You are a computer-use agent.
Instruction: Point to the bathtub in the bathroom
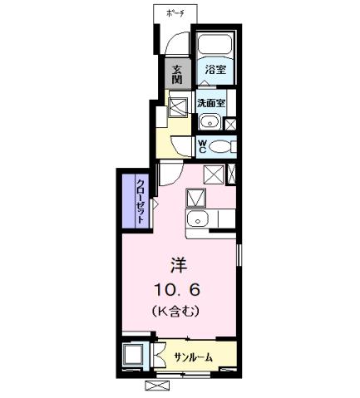215,45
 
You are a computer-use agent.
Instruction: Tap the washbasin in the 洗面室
209,124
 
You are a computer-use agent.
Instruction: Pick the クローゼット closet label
141,199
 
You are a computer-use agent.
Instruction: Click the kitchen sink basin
197,219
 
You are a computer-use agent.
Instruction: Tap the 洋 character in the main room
179,266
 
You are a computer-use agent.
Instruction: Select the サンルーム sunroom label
193,356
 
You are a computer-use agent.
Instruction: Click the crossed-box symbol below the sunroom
157,386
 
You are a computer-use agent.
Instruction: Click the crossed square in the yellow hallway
178,106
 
